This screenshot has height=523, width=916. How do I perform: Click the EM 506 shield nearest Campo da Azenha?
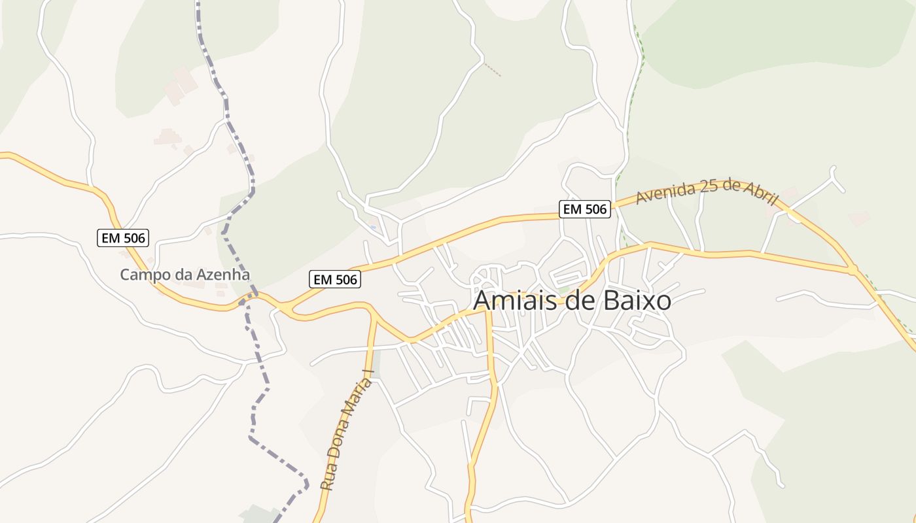coord(124,238)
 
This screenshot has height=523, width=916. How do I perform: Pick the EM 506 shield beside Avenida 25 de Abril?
coord(585,209)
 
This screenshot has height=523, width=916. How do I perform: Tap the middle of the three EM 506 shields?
coord(335,280)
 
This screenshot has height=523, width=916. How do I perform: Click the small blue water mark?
coord(372,227)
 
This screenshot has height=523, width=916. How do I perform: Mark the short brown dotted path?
coord(493,69)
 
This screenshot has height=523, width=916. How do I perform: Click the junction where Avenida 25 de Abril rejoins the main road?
coord(852,269)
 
